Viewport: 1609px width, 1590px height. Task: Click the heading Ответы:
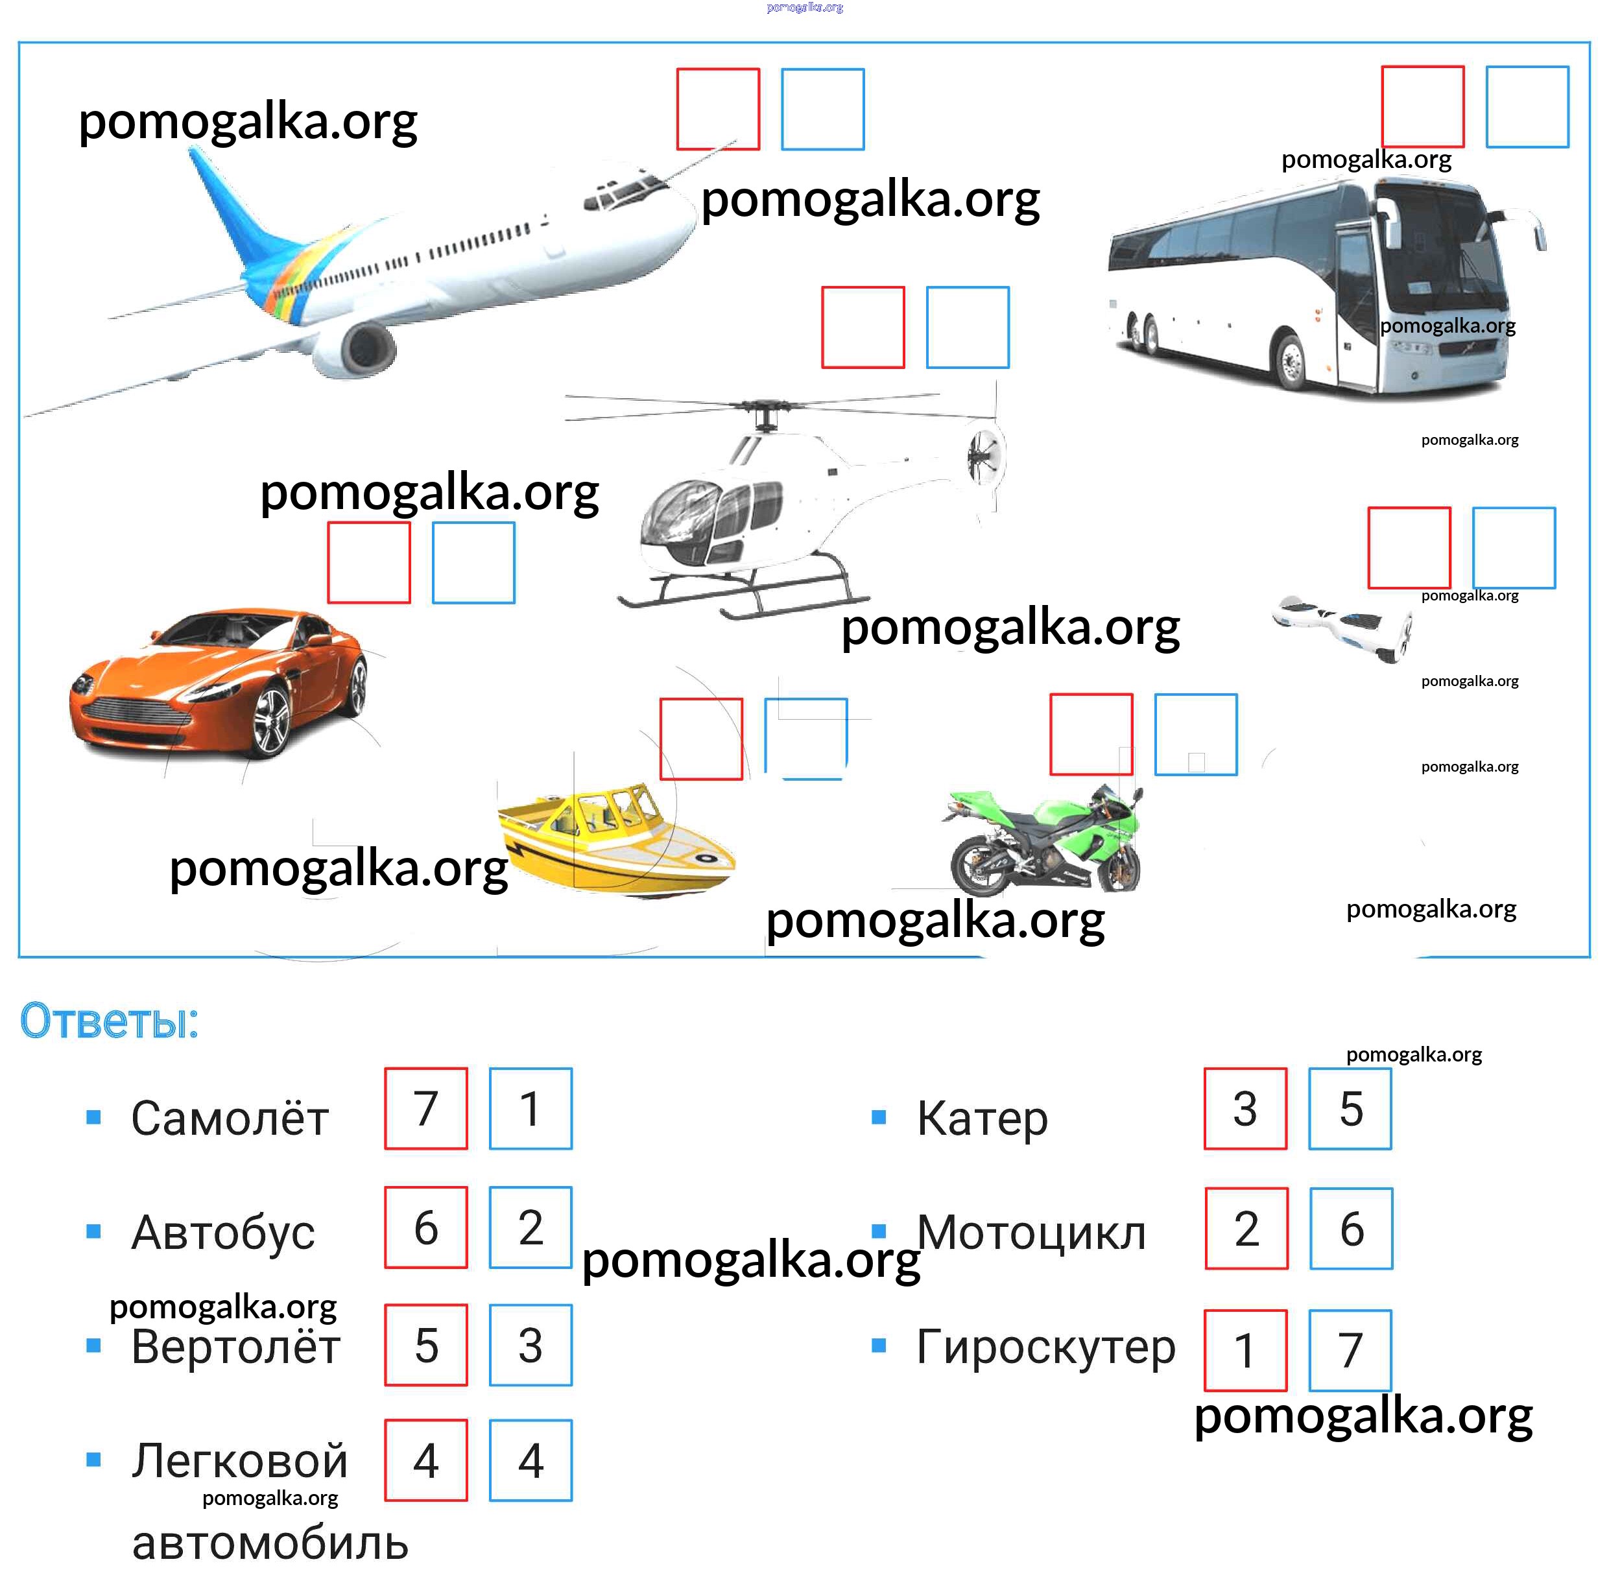[109, 1021]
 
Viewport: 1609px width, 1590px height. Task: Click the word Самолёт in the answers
[230, 1118]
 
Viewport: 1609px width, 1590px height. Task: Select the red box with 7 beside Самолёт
[425, 1109]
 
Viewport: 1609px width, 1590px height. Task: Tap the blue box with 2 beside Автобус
[530, 1228]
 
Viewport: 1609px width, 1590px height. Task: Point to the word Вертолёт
[235, 1347]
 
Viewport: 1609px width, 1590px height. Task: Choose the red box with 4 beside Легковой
[425, 1461]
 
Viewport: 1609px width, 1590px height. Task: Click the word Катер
[982, 1118]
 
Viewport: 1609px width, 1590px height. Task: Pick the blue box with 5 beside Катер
[1350, 1109]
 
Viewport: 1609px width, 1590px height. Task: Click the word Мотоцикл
[1031, 1232]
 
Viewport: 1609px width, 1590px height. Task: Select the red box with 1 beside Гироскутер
[1245, 1350]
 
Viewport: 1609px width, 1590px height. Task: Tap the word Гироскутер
[1045, 1347]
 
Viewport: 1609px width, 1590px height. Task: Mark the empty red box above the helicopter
[863, 327]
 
